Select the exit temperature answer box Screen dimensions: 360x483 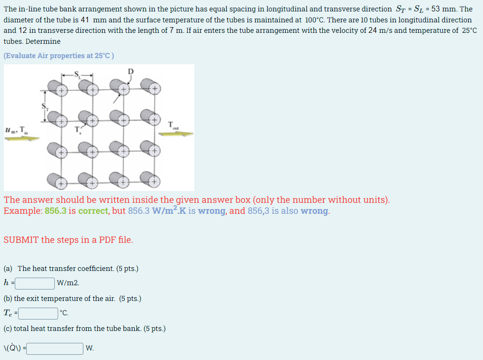[x=38, y=314]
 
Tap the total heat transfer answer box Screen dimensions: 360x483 [x=55, y=349]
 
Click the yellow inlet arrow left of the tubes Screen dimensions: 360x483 [x=22, y=139]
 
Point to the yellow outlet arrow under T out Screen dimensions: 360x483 [x=176, y=134]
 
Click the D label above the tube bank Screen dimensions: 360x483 [x=131, y=71]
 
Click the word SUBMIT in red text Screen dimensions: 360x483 [x=21, y=240]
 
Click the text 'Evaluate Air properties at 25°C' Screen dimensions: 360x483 [x=59, y=56]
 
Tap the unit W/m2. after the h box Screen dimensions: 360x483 [x=68, y=283]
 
